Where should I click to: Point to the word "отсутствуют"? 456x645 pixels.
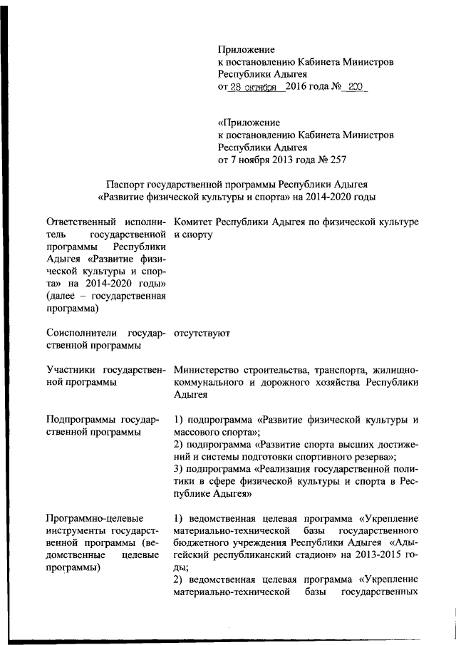[x=202, y=333]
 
